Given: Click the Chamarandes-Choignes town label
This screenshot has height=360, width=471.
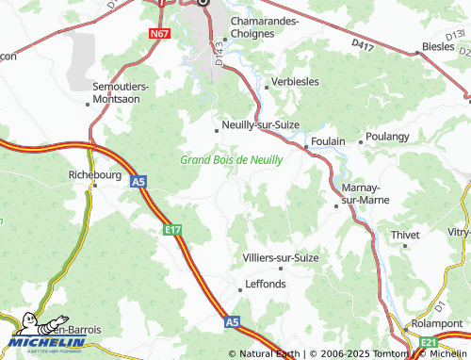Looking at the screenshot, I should [263, 26].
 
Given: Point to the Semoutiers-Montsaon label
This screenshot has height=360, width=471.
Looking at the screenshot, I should [128, 92].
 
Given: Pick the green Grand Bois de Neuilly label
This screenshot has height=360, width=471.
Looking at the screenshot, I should [231, 160].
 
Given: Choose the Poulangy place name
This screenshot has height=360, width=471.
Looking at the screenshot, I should [388, 137].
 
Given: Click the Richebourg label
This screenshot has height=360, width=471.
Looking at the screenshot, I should [97, 174].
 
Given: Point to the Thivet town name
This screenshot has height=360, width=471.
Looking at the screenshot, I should [406, 234].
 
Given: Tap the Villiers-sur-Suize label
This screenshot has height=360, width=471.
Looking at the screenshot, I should [281, 257].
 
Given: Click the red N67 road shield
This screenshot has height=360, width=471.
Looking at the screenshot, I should [158, 34].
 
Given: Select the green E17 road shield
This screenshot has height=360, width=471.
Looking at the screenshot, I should [171, 228].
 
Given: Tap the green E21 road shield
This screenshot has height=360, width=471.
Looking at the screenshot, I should [429, 341].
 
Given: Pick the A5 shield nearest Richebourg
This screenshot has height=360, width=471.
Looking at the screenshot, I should [138, 180].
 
